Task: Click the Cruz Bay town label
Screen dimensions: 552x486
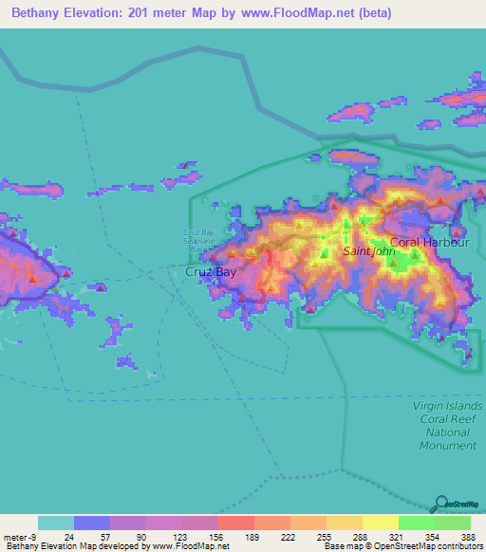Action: tap(210, 272)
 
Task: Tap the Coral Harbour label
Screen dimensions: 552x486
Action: tap(430, 243)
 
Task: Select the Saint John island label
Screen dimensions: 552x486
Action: tap(367, 252)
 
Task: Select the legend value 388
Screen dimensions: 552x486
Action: tap(468, 536)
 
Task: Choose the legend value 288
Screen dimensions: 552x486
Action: tap(360, 536)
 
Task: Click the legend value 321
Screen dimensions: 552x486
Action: tap(396, 536)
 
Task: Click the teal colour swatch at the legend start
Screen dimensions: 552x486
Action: tap(55, 523)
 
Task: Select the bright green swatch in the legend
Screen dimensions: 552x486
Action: tap(416, 523)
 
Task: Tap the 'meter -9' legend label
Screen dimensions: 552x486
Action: tap(20, 536)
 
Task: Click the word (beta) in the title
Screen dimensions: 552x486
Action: tap(368, 13)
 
